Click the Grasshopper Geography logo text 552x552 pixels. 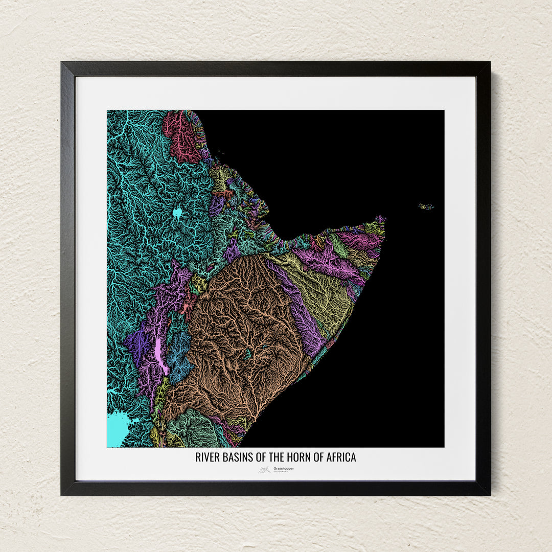point(283,469)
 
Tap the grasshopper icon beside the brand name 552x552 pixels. point(264,470)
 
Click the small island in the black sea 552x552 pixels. point(426,207)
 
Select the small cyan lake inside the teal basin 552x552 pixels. point(177,213)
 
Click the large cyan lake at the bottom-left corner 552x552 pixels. point(117,428)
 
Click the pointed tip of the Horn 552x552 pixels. point(383,219)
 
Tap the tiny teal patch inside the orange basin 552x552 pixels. point(248,353)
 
